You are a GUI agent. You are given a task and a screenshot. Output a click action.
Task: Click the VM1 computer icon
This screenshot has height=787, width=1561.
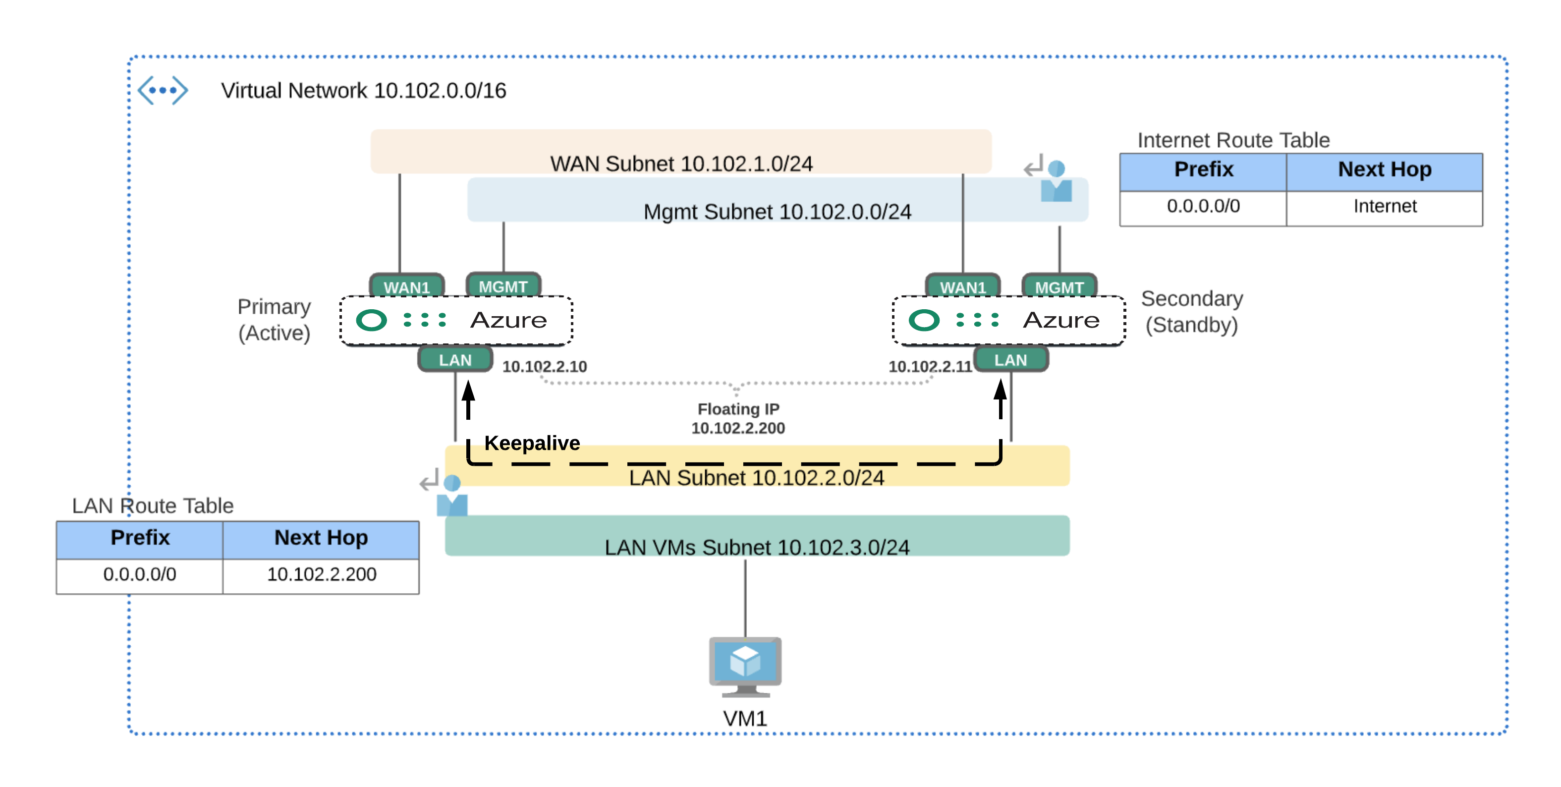[x=745, y=665]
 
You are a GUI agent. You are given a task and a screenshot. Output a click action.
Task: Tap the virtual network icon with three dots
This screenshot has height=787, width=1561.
[x=163, y=90]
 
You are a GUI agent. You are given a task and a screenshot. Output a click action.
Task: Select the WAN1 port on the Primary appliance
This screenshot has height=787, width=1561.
[x=407, y=286]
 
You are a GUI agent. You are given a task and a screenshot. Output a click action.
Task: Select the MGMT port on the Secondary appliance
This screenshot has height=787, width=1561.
[x=1059, y=286]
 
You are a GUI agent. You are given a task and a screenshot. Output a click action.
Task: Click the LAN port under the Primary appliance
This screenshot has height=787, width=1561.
[x=455, y=360]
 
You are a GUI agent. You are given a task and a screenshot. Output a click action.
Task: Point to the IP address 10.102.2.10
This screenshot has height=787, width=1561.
[x=544, y=367]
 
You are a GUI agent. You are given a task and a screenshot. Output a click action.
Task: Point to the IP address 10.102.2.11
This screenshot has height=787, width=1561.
[x=930, y=367]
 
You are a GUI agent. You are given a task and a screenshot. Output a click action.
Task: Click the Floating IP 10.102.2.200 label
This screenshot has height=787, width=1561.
[x=738, y=419]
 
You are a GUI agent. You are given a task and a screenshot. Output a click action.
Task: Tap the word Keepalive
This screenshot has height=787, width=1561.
[x=532, y=443]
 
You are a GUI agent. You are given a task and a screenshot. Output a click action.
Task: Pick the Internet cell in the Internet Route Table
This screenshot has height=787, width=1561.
[x=1384, y=207]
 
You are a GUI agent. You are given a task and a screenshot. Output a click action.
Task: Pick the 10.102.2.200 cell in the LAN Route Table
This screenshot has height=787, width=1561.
[x=321, y=574]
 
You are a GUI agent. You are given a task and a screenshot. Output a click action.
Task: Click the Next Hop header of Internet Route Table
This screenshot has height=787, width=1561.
[x=1384, y=169]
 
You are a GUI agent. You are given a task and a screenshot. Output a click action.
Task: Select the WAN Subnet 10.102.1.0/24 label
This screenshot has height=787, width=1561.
[x=681, y=164]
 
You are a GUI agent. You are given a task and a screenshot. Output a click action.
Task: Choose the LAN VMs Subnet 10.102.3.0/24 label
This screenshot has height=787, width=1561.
[x=757, y=547]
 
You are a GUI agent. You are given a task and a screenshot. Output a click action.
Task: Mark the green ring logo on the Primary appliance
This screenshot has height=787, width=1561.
[x=372, y=320]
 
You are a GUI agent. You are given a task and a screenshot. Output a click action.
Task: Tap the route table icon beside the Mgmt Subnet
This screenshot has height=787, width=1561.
[x=1052, y=179]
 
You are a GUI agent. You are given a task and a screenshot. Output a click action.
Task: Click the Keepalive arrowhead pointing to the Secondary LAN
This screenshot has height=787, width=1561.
[x=1001, y=391]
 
